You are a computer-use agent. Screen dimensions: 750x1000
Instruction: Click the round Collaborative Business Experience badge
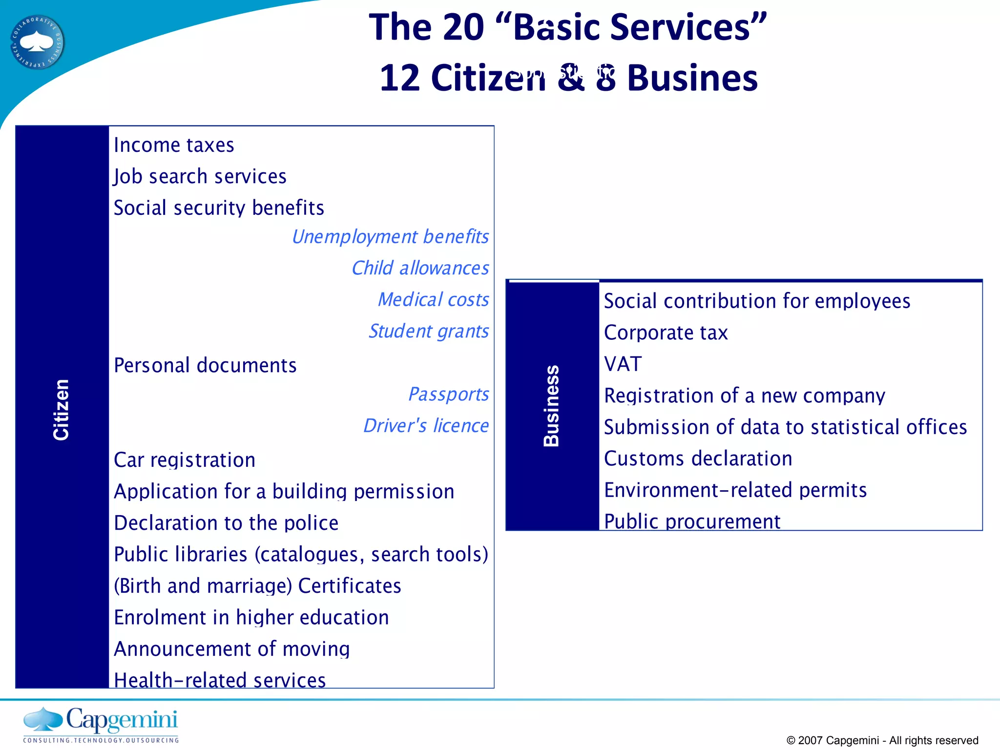click(x=37, y=42)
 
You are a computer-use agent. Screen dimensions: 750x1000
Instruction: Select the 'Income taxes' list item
click(x=174, y=145)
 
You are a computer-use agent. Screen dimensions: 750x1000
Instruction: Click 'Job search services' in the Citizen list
click(x=200, y=176)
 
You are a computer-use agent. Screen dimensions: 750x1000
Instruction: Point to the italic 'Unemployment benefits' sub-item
click(x=390, y=237)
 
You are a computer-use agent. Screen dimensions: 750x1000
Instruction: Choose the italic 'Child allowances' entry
click(x=420, y=268)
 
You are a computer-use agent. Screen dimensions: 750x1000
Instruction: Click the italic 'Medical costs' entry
click(x=433, y=299)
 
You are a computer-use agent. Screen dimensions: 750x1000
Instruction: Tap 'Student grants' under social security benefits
click(x=428, y=331)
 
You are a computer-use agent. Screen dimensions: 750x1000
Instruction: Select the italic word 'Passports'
click(x=448, y=394)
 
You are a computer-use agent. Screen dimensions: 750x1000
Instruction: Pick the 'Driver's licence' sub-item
click(x=426, y=426)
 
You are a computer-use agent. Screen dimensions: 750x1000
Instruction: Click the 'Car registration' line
click(x=185, y=460)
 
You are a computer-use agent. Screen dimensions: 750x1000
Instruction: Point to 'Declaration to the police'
click(x=226, y=523)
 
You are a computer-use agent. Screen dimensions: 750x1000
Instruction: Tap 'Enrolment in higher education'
click(x=251, y=618)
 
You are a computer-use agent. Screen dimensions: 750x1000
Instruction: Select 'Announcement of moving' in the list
click(x=232, y=649)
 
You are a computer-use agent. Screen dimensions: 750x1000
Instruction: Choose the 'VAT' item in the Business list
click(x=623, y=364)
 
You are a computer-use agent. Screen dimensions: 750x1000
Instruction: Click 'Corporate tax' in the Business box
click(x=666, y=333)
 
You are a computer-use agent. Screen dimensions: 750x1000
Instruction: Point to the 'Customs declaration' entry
click(x=698, y=458)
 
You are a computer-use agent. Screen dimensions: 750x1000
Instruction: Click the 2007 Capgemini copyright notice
click(x=882, y=740)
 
